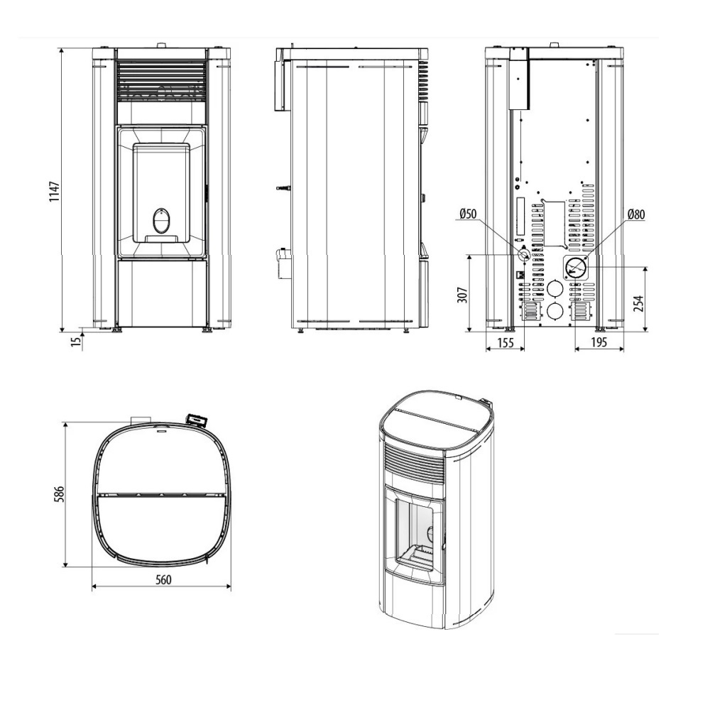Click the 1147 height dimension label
55,192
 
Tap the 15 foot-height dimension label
77,341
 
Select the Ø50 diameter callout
468,213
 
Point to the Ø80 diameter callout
636,214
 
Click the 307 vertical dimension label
462,295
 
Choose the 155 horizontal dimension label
506,342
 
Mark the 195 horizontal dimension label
599,342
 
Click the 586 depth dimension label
60,494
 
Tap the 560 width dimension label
163,579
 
